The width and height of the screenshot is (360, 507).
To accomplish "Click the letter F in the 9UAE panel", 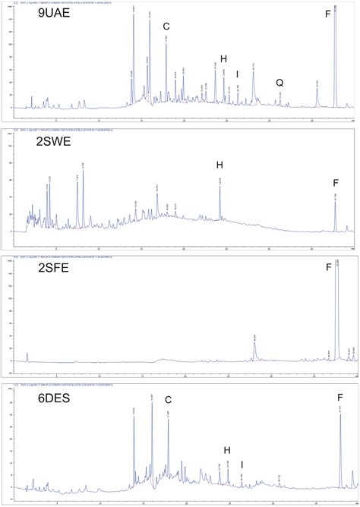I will coord(327,14).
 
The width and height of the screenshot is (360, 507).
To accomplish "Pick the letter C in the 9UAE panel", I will coord(166,27).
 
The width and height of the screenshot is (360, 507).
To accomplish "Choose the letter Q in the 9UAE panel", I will coord(279,82).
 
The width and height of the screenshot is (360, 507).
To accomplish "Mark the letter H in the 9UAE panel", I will coord(223,58).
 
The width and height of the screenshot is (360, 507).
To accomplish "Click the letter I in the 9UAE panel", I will coord(238,74).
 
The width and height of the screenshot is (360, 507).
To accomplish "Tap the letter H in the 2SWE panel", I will coord(219,165).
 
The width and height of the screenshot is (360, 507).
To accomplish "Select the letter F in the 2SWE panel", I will coord(335,182).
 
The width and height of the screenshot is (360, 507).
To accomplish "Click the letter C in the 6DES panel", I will coord(168,400).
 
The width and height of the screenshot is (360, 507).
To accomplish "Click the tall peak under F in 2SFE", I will coord(336,311).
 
